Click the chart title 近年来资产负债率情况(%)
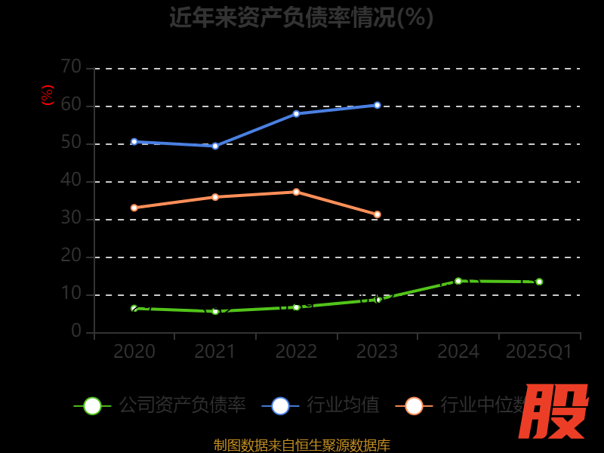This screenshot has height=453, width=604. pos(301,17)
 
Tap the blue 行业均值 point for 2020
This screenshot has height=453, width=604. pos(134,141)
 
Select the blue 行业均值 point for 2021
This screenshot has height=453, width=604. pos(215,146)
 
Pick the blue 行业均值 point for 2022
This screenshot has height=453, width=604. pos(296,113)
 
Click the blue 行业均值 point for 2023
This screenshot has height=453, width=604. pos(377,105)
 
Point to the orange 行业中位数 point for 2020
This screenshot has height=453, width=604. pos(134,208)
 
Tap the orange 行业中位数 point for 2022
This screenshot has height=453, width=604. pos(296,192)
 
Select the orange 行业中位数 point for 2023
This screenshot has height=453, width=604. pos(377,214)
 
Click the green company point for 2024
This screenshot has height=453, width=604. pos(458,281)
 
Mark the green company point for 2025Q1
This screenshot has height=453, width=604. pos(538,282)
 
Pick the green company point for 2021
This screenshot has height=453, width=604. pos(215,311)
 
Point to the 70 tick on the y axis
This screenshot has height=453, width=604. pos(72,67)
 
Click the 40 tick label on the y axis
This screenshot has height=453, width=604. pos(72,180)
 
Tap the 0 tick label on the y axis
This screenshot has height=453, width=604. pos(76,331)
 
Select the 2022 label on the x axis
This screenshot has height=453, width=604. pos(296,352)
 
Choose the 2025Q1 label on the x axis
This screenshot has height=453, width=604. pos(538,352)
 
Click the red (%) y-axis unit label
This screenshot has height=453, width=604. pos(48,95)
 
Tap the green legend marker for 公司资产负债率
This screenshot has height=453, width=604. pos(92,405)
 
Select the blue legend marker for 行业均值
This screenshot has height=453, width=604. pos(280,405)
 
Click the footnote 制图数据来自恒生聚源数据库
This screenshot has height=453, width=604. pos(301,445)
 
